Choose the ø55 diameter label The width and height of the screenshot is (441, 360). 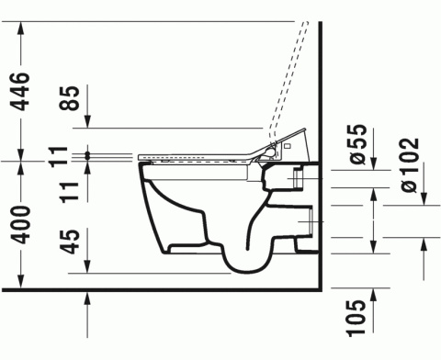point(359,148)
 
